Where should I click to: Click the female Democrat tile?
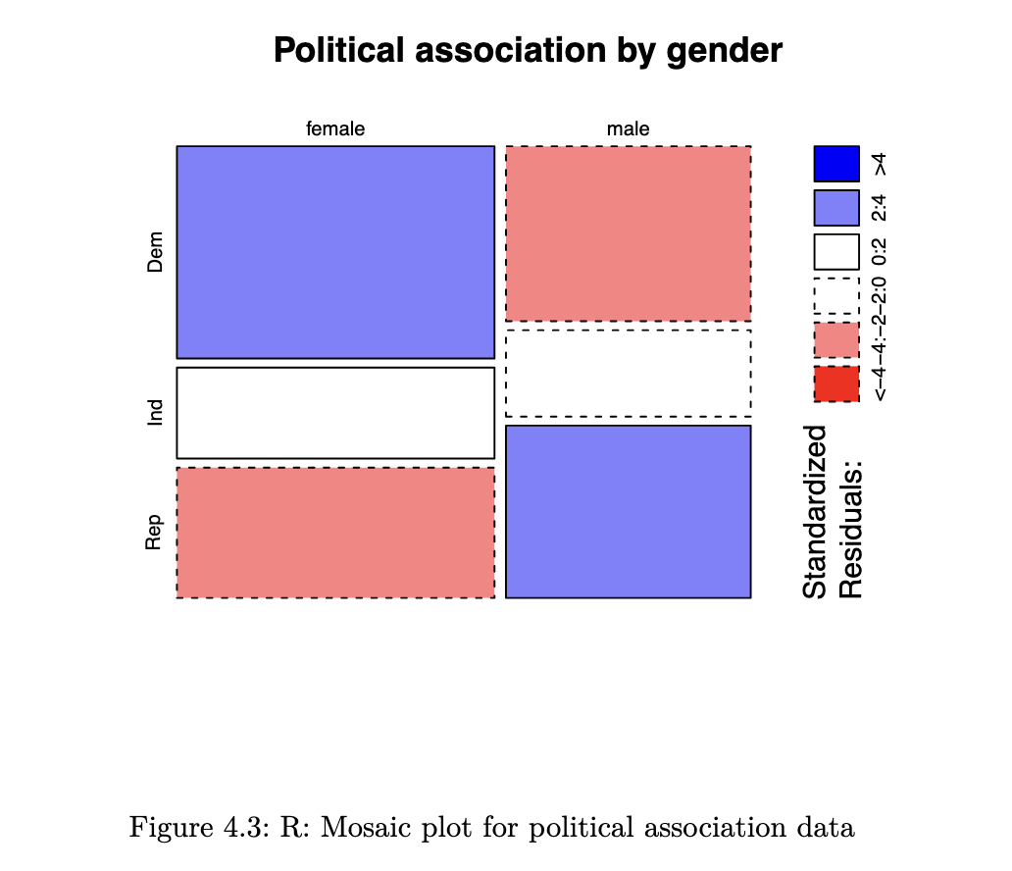(335, 252)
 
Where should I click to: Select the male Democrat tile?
(629, 233)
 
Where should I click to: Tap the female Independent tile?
(335, 413)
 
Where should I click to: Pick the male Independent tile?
(629, 374)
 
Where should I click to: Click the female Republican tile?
(335, 533)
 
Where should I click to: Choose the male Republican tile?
(629, 511)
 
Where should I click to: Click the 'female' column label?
(335, 128)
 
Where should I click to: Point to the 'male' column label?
(629, 128)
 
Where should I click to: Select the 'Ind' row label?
(155, 413)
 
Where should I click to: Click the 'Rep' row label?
(155, 533)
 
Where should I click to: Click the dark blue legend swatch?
(836, 164)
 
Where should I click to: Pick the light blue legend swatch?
(836, 208)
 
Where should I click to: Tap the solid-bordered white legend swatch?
(836, 251)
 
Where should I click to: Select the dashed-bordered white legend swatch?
(836, 295)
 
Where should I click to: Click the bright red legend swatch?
(836, 384)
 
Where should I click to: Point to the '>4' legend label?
(882, 164)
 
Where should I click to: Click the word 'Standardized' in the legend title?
(816, 511)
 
